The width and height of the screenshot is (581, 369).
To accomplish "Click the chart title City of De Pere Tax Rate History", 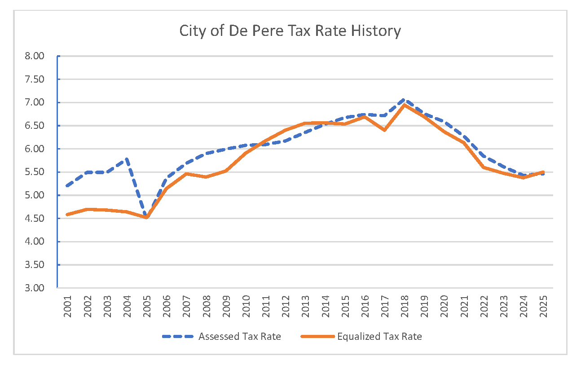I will pyautogui.click(x=290, y=31).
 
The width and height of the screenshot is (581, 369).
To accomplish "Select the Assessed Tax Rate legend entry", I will pyautogui.click(x=239, y=337).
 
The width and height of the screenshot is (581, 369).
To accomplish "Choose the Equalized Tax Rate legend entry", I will pyautogui.click(x=379, y=337).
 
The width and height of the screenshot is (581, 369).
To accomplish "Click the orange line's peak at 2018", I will pyautogui.click(x=404, y=105).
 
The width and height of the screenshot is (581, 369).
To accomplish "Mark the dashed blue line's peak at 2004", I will pyautogui.click(x=127, y=158).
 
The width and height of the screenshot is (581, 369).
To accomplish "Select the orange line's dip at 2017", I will pyautogui.click(x=384, y=130).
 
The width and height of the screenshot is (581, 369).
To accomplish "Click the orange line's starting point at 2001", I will pyautogui.click(x=67, y=215).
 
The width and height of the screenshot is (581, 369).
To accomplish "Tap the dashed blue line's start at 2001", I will pyautogui.click(x=67, y=186).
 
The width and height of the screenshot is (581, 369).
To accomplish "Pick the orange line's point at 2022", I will pyautogui.click(x=484, y=167).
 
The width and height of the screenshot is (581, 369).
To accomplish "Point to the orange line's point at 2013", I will pyautogui.click(x=305, y=123).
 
